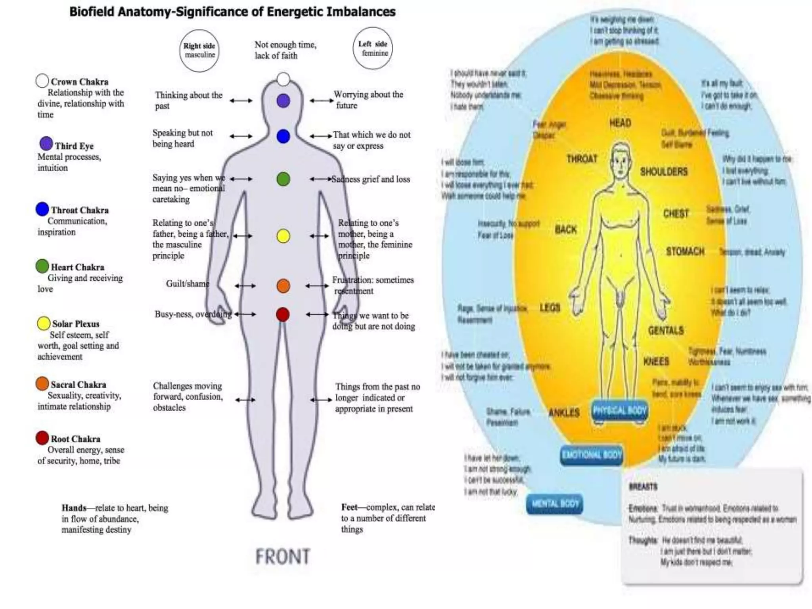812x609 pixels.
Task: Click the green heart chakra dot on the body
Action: [x=283, y=179]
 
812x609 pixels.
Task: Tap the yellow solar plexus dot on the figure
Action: [x=283, y=236]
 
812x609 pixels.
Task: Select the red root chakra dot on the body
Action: [x=283, y=314]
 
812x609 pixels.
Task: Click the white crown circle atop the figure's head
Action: [x=283, y=79]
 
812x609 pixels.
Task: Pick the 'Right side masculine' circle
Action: [x=199, y=51]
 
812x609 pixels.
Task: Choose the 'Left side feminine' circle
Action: [x=373, y=48]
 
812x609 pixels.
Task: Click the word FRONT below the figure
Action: [x=282, y=556]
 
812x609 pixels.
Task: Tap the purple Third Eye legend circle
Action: [x=46, y=144]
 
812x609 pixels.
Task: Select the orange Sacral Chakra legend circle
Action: [x=42, y=383]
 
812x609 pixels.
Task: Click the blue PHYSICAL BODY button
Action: [x=620, y=411]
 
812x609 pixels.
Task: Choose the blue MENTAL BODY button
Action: [x=555, y=504]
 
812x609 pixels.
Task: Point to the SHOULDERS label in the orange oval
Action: [x=664, y=172]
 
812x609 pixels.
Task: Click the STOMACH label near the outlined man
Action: [x=685, y=251]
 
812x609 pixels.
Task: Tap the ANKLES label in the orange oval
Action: [x=564, y=413]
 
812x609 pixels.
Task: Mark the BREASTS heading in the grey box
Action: [x=643, y=486]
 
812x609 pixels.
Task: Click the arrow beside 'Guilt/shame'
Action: [x=245, y=285]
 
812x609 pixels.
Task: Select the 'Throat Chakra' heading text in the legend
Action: [x=80, y=210]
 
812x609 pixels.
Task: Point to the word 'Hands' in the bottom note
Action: [x=74, y=508]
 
